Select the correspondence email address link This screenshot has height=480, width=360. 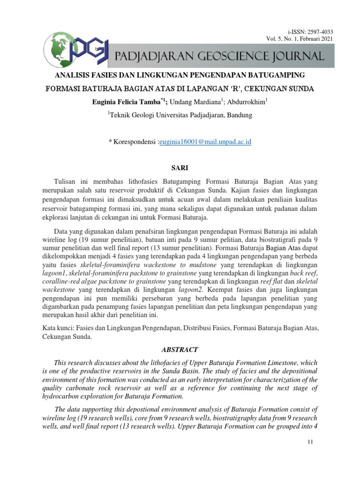coord(205,141)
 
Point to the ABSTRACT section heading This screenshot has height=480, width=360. coord(180,349)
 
